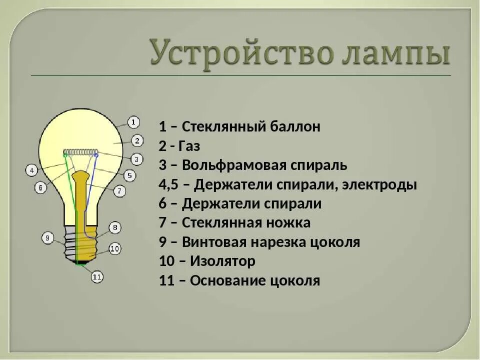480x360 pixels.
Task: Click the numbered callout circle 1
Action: pyautogui.click(x=133, y=121)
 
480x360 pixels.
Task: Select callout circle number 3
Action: pyautogui.click(x=136, y=159)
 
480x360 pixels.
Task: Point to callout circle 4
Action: pyautogui.click(x=31, y=170)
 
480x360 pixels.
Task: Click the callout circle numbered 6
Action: pyautogui.click(x=40, y=187)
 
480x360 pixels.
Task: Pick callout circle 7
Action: pyautogui.click(x=119, y=190)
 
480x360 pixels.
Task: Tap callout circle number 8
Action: pyautogui.click(x=115, y=228)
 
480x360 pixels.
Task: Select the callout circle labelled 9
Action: pyautogui.click(x=47, y=238)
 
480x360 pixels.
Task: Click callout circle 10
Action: pyautogui.click(x=115, y=248)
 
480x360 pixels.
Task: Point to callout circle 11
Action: pyautogui.click(x=97, y=276)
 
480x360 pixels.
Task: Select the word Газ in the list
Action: pyautogui.click(x=191, y=146)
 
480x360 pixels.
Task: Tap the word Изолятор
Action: pyautogui.click(x=223, y=261)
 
